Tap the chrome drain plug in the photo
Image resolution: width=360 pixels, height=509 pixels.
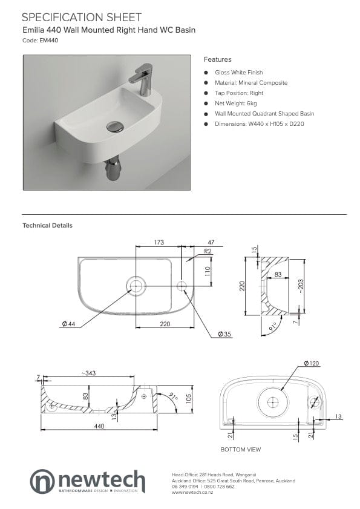coord(114,126)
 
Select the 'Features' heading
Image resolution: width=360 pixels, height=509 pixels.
coord(217,59)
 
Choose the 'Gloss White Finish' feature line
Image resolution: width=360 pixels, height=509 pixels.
coord(238,72)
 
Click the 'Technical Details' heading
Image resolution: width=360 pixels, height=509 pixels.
coord(47,225)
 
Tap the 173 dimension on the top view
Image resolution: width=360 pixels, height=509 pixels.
coord(158,242)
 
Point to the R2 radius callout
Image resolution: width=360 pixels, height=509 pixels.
coord(208,251)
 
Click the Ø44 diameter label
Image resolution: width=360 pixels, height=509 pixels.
coord(68,324)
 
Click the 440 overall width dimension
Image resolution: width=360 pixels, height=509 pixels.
coord(99,426)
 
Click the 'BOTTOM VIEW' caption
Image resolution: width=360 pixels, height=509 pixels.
coord(241,450)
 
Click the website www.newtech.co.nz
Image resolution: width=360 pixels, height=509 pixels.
coord(192,492)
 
